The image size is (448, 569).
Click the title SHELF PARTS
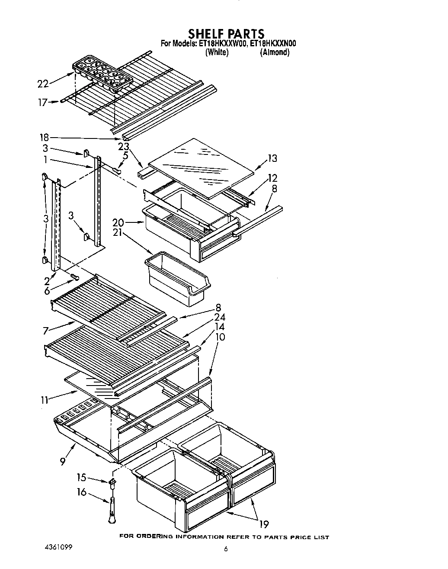click(x=226, y=34)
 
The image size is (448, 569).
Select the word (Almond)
click(x=275, y=52)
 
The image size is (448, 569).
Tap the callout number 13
click(x=272, y=158)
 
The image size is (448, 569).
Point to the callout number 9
click(x=64, y=462)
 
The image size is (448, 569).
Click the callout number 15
click(x=81, y=478)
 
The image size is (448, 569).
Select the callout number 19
click(x=263, y=525)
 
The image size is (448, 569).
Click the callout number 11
click(x=45, y=400)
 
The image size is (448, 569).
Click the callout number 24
click(x=220, y=318)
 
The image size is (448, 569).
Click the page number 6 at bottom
click(x=225, y=549)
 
